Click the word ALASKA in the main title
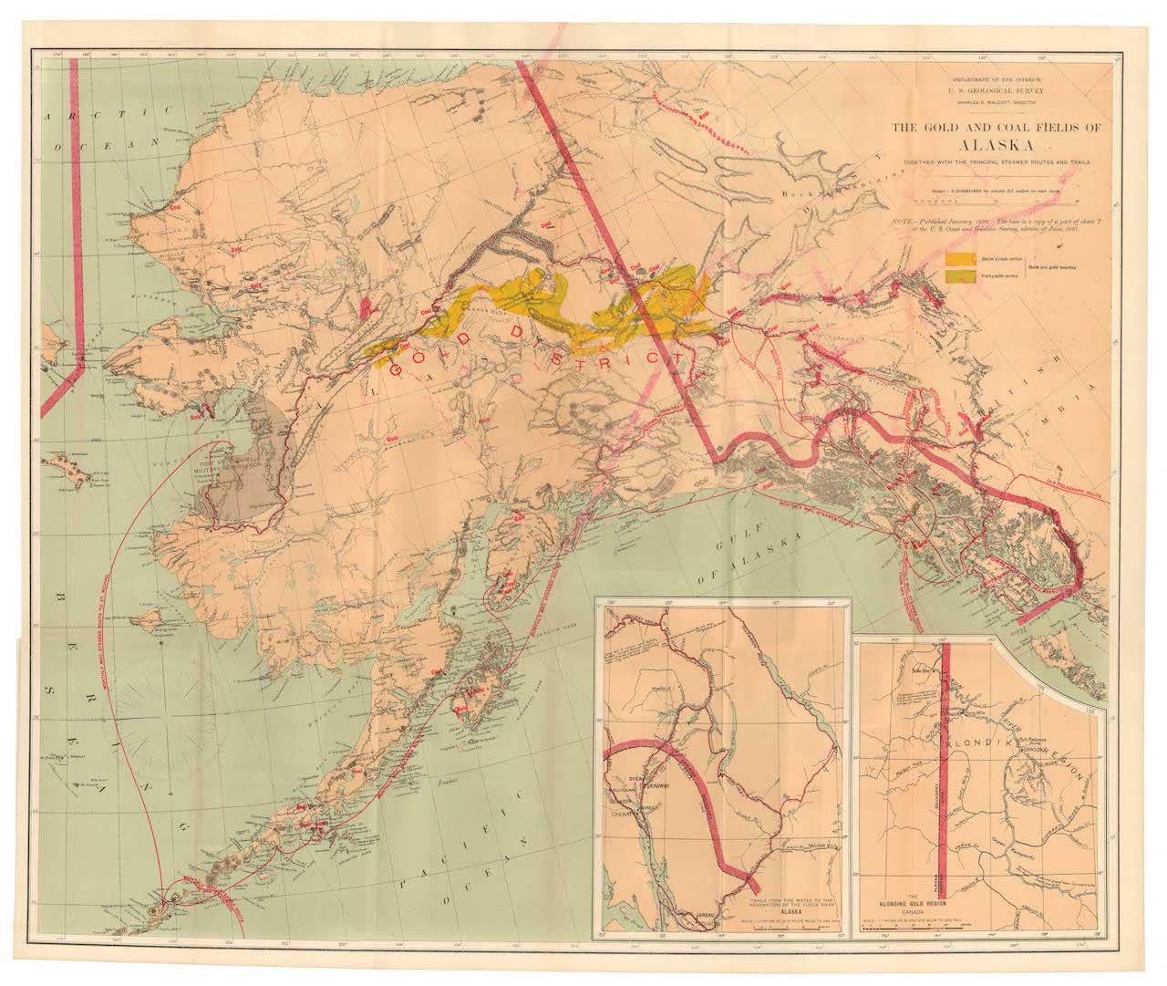pyautogui.click(x=997, y=146)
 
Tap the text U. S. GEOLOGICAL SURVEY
pyautogui.click(x=996, y=91)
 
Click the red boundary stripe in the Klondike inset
pyautogui.click(x=946, y=775)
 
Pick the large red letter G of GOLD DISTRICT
pyautogui.click(x=396, y=369)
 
